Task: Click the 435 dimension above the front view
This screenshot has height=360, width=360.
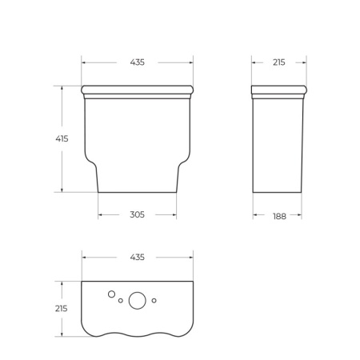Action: tap(137, 62)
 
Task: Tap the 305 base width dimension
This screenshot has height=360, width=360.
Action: tap(137, 214)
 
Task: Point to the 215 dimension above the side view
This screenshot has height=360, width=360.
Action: tap(278, 62)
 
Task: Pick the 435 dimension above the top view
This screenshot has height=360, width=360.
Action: tap(137, 257)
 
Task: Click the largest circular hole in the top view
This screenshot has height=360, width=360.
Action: tap(138, 301)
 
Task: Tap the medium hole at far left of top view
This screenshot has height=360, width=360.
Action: tap(111, 294)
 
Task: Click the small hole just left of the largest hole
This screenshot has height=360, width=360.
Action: tap(121, 302)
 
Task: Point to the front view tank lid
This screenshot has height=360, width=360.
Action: tap(137, 89)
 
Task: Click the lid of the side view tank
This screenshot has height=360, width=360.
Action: tap(278, 89)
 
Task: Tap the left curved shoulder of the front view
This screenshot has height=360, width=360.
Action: tap(91, 161)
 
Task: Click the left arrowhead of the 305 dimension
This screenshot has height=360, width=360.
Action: tap(100, 214)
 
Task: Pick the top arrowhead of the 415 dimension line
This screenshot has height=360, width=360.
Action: tap(62, 87)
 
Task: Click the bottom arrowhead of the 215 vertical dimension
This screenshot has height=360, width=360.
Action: tap(62, 334)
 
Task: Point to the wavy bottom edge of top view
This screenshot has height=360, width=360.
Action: tap(137, 333)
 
